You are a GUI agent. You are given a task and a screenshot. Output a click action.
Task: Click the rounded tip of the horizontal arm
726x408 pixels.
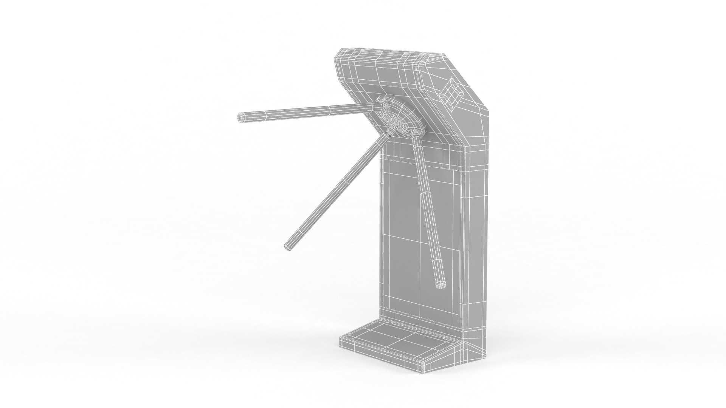[x=240, y=118]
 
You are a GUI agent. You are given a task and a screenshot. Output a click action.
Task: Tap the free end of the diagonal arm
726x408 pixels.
[x=289, y=247]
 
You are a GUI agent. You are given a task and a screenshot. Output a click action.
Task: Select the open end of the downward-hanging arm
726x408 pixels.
[x=441, y=284]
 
